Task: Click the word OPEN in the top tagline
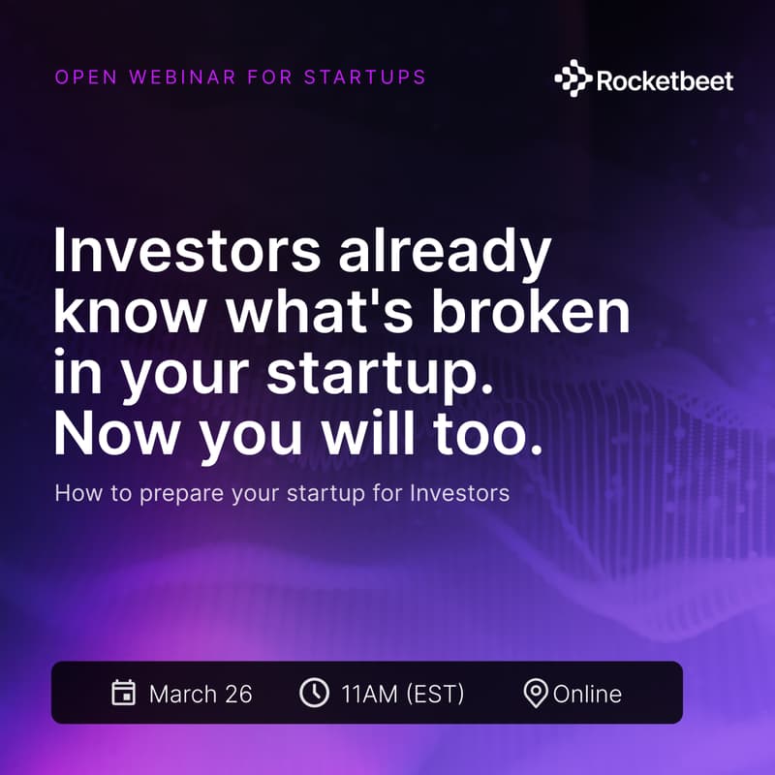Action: (x=80, y=77)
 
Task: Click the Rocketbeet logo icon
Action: (x=573, y=78)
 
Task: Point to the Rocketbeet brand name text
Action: (x=665, y=79)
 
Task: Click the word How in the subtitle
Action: (x=75, y=493)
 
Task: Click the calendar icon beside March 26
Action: (x=123, y=693)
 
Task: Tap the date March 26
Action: (x=201, y=694)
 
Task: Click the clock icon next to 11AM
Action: (x=313, y=693)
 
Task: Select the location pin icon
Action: (x=535, y=694)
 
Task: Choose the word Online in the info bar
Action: (x=587, y=694)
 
